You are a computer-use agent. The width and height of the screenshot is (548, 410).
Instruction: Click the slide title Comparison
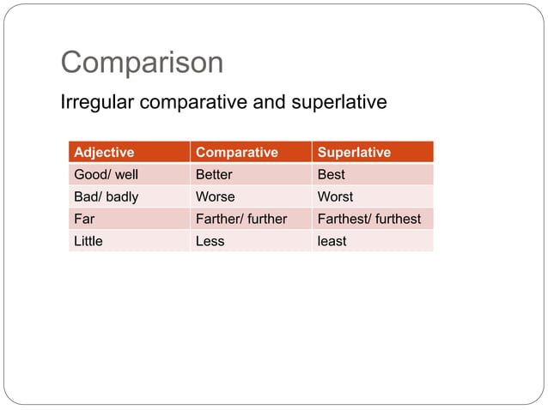pos(142,63)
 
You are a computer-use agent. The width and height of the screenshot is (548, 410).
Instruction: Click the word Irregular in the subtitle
pos(97,103)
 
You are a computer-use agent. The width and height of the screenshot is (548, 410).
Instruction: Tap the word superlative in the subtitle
pos(338,103)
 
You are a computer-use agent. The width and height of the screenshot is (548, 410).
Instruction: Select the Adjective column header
pos(104,153)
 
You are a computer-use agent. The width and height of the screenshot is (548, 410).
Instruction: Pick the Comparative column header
pos(237,153)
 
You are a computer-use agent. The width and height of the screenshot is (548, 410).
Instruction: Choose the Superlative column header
pos(354,153)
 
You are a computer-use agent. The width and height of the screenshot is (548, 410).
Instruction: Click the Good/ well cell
pos(107,174)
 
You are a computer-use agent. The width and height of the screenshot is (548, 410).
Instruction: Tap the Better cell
pos(214,174)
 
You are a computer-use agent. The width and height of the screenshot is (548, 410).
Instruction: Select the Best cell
pos(332,174)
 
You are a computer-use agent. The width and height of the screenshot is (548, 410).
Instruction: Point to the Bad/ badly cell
pos(107,196)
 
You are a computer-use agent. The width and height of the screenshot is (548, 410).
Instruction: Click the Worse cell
pos(215,196)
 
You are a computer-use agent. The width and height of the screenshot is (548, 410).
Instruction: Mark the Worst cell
pos(335,196)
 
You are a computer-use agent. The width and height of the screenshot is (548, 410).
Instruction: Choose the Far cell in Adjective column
pos(84,219)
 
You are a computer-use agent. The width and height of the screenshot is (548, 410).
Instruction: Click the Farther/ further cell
pos(241,219)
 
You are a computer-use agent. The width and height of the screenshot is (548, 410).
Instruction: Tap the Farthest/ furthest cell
pos(369,219)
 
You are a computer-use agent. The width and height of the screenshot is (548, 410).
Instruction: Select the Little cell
pos(88,241)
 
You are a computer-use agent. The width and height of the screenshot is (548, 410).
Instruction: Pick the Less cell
pos(210,241)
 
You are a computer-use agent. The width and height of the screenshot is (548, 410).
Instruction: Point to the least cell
pos(332,241)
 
